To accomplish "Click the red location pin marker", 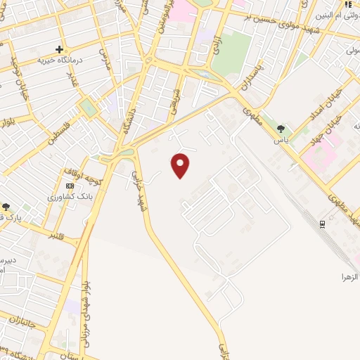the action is click(181, 165).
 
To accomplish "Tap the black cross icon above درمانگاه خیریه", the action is click(60, 49).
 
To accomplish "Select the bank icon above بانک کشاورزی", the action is click(69, 186).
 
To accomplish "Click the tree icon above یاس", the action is click(281, 128).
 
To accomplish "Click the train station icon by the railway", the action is click(323, 224).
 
